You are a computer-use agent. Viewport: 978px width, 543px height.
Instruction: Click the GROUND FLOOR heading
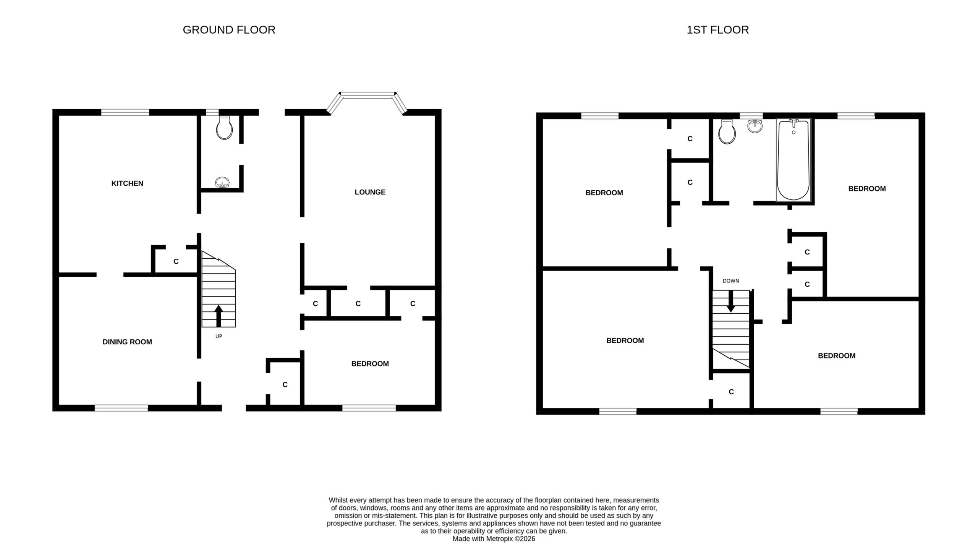click(x=229, y=30)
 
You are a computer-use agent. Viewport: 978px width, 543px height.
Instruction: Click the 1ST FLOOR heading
click(x=717, y=30)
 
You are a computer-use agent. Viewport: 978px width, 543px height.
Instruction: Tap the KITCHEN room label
click(x=127, y=183)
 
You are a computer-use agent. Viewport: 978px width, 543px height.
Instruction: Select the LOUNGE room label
click(x=370, y=192)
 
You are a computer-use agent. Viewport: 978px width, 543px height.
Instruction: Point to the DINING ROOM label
click(x=127, y=342)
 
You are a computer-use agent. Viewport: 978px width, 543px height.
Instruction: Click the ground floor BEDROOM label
click(x=370, y=364)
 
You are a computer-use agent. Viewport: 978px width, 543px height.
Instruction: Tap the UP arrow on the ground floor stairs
click(x=219, y=316)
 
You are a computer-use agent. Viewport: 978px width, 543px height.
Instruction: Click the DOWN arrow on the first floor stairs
click(x=730, y=301)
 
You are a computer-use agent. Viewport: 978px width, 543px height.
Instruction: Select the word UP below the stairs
click(x=219, y=336)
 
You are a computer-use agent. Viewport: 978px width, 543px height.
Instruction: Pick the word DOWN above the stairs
click(x=731, y=281)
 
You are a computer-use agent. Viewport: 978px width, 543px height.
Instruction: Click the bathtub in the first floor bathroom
click(x=793, y=160)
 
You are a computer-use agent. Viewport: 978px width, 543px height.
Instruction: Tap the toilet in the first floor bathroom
click(x=727, y=131)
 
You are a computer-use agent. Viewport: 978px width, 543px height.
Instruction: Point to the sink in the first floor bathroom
click(x=755, y=126)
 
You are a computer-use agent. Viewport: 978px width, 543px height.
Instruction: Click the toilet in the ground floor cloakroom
click(x=224, y=128)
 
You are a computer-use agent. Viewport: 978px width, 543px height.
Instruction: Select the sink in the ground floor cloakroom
click(x=222, y=183)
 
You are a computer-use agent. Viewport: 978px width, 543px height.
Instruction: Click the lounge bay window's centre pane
click(x=368, y=94)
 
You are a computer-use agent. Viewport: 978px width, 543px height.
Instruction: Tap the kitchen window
click(x=125, y=112)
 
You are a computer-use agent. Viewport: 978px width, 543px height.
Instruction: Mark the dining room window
click(x=121, y=408)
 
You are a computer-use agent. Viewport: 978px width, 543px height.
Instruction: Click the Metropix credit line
click(x=494, y=539)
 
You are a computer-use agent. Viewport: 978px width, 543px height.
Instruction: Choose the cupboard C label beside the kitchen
click(x=176, y=262)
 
